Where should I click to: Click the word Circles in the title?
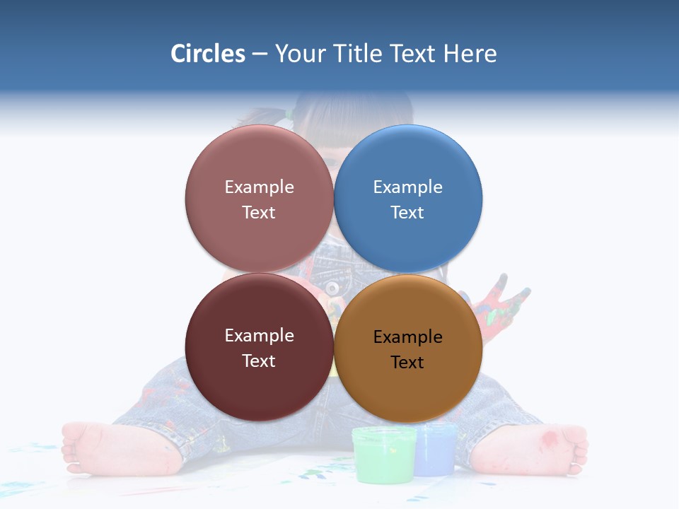click(x=207, y=54)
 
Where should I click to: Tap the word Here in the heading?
click(x=470, y=54)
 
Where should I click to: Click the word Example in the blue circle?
click(x=408, y=187)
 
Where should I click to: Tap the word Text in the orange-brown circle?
click(x=407, y=363)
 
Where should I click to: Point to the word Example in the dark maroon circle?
click(x=259, y=336)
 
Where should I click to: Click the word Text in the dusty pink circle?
click(x=259, y=213)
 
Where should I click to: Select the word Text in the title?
click(x=414, y=54)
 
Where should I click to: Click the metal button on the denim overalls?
click(x=331, y=288)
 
